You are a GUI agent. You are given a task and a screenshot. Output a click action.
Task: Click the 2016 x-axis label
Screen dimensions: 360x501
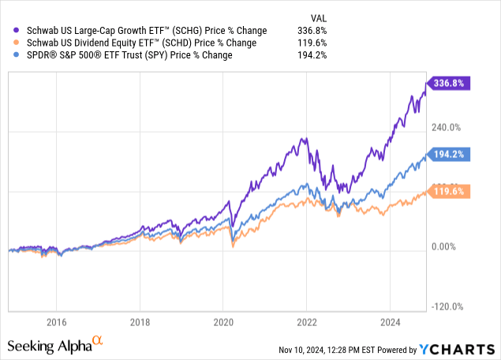(x=55, y=321)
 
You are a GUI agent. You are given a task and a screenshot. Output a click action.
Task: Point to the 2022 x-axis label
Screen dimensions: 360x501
(x=306, y=321)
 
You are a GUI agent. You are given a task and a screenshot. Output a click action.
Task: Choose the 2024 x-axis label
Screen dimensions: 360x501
(x=390, y=321)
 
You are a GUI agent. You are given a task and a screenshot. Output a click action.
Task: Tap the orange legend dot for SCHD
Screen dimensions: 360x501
(x=9, y=43)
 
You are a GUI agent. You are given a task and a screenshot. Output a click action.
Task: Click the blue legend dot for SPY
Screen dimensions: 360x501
(x=9, y=54)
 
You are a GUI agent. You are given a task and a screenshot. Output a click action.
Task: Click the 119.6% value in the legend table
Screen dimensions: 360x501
(x=312, y=43)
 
